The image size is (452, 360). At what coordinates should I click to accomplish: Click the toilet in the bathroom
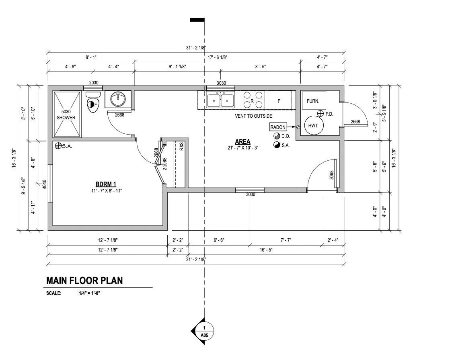pyautogui.click(x=93, y=102)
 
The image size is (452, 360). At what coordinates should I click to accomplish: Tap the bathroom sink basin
pyautogui.click(x=118, y=99)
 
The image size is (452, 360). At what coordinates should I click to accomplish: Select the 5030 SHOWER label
pyautogui.click(x=66, y=115)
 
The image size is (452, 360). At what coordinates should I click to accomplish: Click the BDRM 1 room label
pyautogui.click(x=106, y=184)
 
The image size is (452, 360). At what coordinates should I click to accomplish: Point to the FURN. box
pyautogui.click(x=314, y=100)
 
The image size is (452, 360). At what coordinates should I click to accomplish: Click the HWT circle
pyautogui.click(x=313, y=125)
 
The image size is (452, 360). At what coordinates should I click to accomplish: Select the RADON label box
pyautogui.click(x=278, y=127)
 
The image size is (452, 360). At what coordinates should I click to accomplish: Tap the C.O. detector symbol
pyautogui.click(x=277, y=136)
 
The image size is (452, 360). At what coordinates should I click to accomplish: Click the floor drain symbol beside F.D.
pyautogui.click(x=320, y=113)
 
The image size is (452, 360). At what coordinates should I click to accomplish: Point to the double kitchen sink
pyautogui.click(x=220, y=100)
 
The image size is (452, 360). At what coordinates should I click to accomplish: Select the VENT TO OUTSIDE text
pyautogui.click(x=253, y=116)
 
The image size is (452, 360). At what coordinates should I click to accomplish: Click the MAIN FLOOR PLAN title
pyautogui.click(x=84, y=280)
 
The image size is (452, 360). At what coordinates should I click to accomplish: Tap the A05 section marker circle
pyautogui.click(x=204, y=331)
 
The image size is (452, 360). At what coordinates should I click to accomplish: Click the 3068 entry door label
pyautogui.click(x=331, y=175)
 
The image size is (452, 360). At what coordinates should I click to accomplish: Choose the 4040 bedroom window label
pyautogui.click(x=44, y=184)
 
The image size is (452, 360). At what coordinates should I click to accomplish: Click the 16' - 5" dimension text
pyautogui.click(x=266, y=250)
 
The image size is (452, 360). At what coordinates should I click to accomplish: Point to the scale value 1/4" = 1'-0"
pyautogui.click(x=89, y=293)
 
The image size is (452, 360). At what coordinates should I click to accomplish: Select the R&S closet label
pyautogui.click(x=181, y=147)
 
